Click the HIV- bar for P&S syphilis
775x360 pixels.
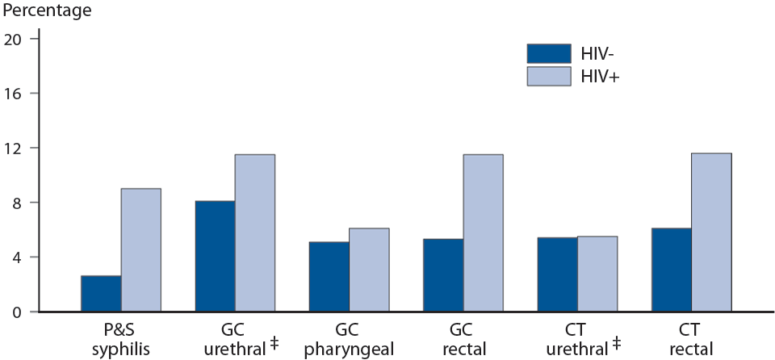click(x=101, y=294)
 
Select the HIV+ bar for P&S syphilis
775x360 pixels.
click(x=140, y=250)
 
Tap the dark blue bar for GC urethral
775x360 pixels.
click(x=215, y=257)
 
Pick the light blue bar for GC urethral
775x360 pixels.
click(x=254, y=233)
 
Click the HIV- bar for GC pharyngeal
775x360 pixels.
click(x=329, y=277)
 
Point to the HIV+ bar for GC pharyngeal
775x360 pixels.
click(x=369, y=270)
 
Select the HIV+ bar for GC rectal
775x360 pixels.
click(x=483, y=233)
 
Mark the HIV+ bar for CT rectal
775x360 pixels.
click(x=711, y=232)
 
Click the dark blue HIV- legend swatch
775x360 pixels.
click(x=548, y=53)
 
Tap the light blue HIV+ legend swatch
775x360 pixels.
click(x=548, y=76)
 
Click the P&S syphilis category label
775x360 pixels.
click(x=120, y=340)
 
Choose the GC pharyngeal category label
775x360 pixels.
click(x=349, y=340)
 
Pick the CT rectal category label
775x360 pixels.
click(x=691, y=340)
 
